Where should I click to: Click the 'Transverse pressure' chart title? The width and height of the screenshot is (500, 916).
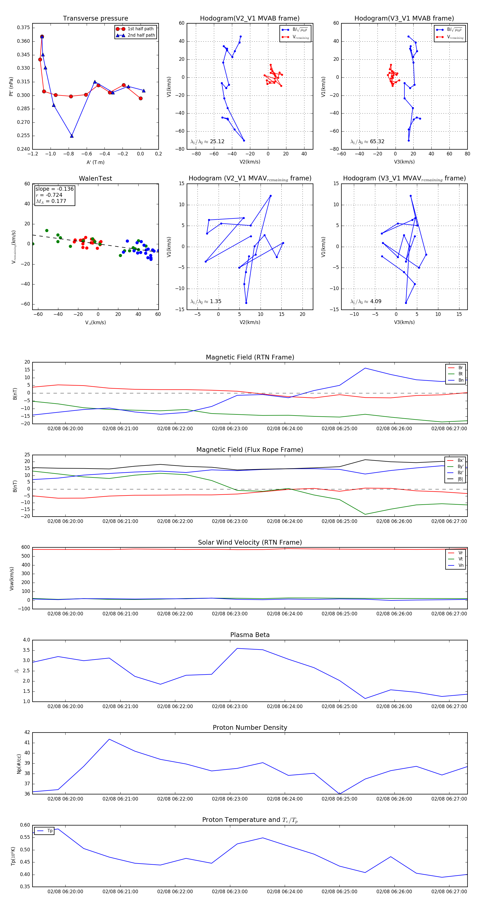[x=95, y=19]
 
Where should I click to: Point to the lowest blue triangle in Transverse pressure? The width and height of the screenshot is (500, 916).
[x=72, y=136]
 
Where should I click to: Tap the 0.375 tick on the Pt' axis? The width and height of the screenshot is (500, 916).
[x=24, y=28]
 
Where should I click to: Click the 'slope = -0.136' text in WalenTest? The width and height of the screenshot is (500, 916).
[x=54, y=189]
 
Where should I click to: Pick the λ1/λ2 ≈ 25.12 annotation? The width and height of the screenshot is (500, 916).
[x=207, y=142]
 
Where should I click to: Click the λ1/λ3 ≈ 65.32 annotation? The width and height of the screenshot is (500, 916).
[x=367, y=142]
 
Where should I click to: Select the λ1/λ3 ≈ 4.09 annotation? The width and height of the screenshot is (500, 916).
[x=366, y=301]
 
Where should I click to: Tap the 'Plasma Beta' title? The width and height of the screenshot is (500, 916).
[x=250, y=635]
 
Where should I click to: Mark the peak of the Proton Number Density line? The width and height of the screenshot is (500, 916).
[x=109, y=739]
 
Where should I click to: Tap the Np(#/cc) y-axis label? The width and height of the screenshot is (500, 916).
[x=19, y=764]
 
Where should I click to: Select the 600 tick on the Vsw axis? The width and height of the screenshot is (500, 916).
[x=26, y=547]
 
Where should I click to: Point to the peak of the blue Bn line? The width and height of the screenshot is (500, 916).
[x=365, y=368]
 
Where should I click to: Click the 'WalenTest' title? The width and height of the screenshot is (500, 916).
[x=95, y=178]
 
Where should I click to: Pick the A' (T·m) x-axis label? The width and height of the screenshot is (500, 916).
[x=95, y=162]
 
